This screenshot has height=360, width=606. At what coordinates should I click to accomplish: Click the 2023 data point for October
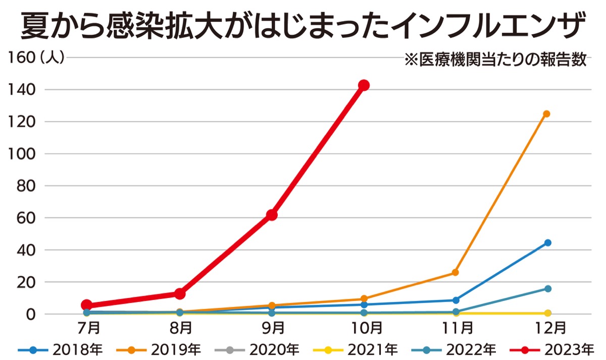[364, 85]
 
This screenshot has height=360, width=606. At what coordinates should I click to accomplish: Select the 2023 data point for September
[272, 215]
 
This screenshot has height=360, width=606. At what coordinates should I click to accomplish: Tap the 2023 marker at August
[180, 293]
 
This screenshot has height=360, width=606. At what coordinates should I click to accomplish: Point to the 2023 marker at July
[87, 305]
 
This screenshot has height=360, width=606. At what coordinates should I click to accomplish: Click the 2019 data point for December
[547, 114]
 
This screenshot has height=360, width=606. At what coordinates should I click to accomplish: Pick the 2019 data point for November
[455, 272]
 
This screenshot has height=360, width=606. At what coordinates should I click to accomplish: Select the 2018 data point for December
[547, 243]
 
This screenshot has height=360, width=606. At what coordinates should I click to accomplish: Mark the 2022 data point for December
[547, 289]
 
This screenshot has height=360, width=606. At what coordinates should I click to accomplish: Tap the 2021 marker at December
[547, 314]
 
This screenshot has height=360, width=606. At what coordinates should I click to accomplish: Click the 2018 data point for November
[456, 300]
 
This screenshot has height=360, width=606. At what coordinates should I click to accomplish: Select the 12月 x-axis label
[547, 329]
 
